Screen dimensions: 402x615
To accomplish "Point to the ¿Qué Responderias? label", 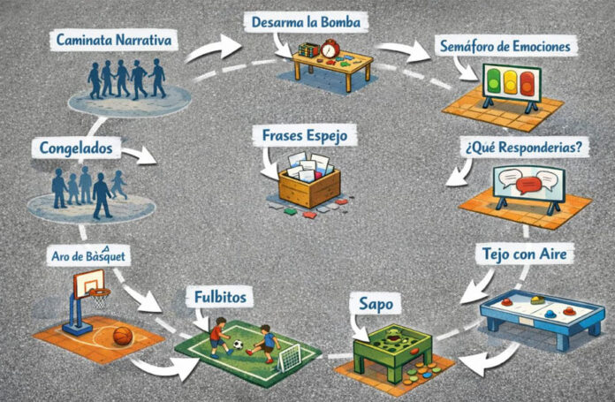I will [x=520, y=147].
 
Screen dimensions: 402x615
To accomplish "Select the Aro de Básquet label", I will [x=87, y=256].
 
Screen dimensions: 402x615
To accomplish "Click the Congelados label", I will [x=75, y=148].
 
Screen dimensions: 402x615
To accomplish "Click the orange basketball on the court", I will [x=123, y=336].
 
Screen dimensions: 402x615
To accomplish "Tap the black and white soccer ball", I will [x=237, y=344].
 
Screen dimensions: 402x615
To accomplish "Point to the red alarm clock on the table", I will [x=329, y=52].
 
